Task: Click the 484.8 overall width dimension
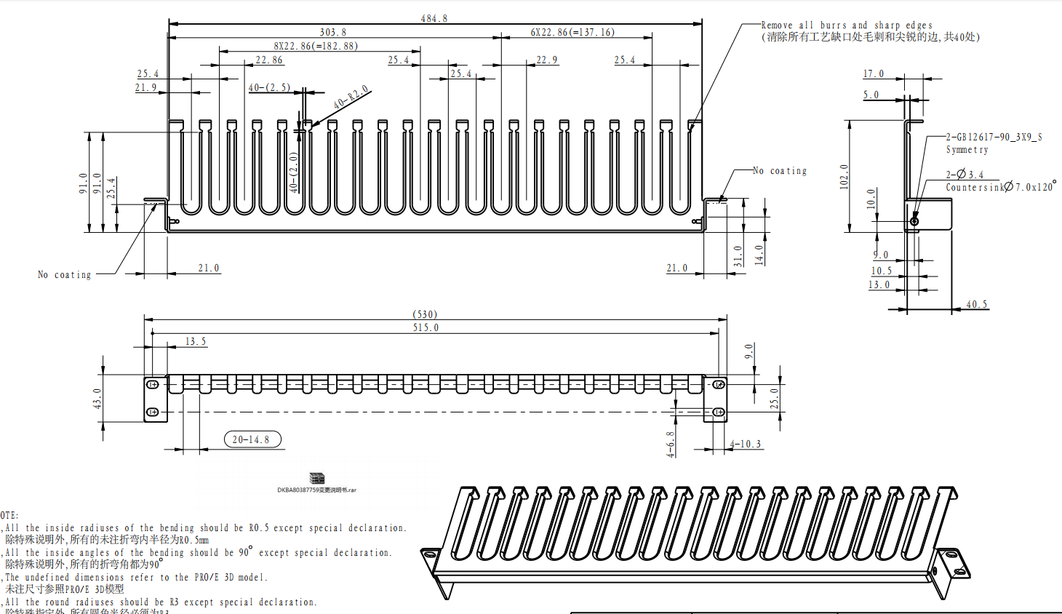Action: tap(434, 18)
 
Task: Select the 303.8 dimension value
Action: tap(333, 32)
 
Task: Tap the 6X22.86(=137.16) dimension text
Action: tap(572, 32)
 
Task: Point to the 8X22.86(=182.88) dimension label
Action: tap(316, 46)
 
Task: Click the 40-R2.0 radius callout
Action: tap(351, 97)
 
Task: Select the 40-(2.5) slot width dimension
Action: tap(269, 87)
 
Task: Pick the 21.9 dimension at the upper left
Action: tap(145, 87)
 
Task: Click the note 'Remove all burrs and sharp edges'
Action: tap(847, 25)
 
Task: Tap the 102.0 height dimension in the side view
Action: tap(844, 177)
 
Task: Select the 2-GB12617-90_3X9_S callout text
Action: tap(994, 137)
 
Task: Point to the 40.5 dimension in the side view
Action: tap(977, 304)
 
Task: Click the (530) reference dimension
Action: tap(425, 314)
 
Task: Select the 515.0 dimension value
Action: tap(426, 327)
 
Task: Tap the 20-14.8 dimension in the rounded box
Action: tap(252, 439)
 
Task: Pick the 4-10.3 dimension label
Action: tap(746, 444)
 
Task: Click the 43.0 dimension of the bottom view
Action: tap(97, 398)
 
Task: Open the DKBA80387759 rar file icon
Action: tap(316, 479)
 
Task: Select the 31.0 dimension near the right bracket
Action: tap(738, 255)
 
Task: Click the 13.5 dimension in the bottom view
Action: tap(195, 341)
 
